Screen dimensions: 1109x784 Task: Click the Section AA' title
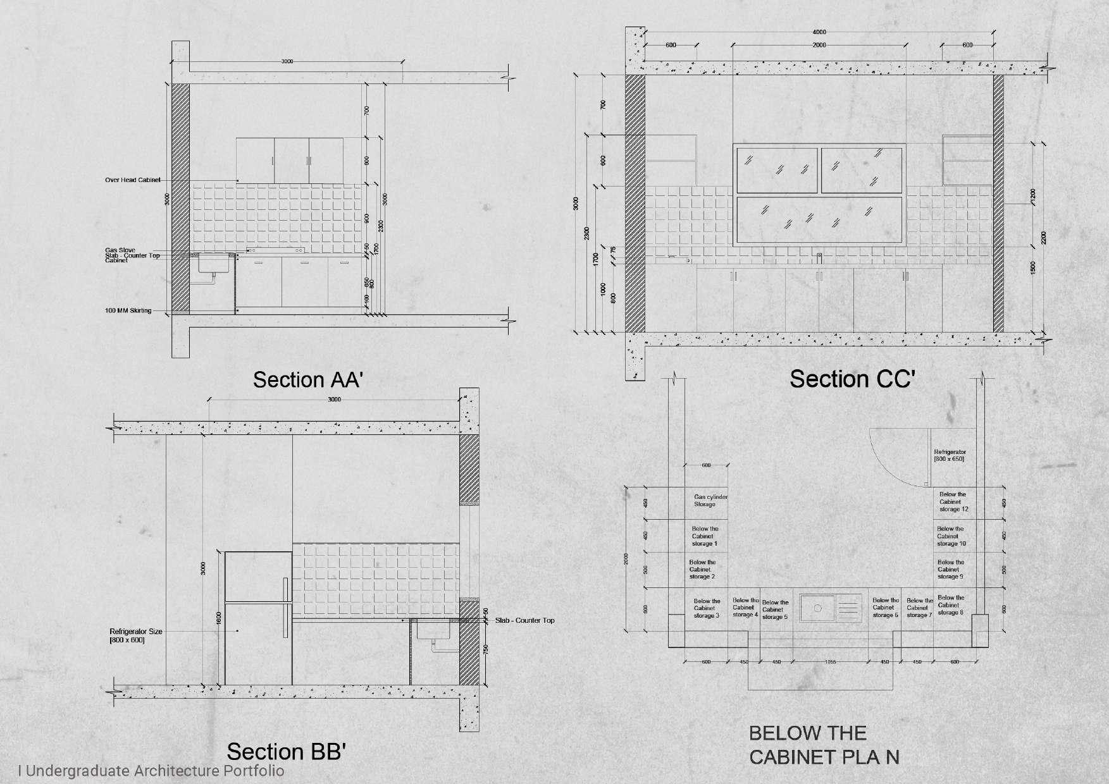tap(307, 380)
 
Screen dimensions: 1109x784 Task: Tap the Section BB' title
tap(286, 752)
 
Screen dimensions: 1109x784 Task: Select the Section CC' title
tap(852, 379)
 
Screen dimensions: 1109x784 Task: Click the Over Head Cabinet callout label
tap(132, 180)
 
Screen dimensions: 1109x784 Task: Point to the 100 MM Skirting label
tap(128, 310)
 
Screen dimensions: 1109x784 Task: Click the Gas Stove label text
tap(120, 250)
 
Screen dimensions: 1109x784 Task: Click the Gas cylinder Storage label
tap(710, 501)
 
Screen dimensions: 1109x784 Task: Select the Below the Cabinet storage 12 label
tap(953, 501)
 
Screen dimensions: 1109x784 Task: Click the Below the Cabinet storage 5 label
tap(774, 609)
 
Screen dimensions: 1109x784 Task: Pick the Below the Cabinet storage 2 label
tap(702, 569)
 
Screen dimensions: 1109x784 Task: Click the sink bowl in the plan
tap(817, 608)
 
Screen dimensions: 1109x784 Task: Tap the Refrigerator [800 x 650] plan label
tap(950, 455)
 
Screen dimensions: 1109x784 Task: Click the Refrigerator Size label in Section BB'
tap(135, 632)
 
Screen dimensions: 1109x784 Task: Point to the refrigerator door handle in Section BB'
tap(285, 607)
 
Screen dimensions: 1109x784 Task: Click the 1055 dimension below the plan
tap(830, 662)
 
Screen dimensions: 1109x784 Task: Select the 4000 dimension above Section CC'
tap(819, 32)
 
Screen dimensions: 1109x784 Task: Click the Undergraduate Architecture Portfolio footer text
tap(152, 771)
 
